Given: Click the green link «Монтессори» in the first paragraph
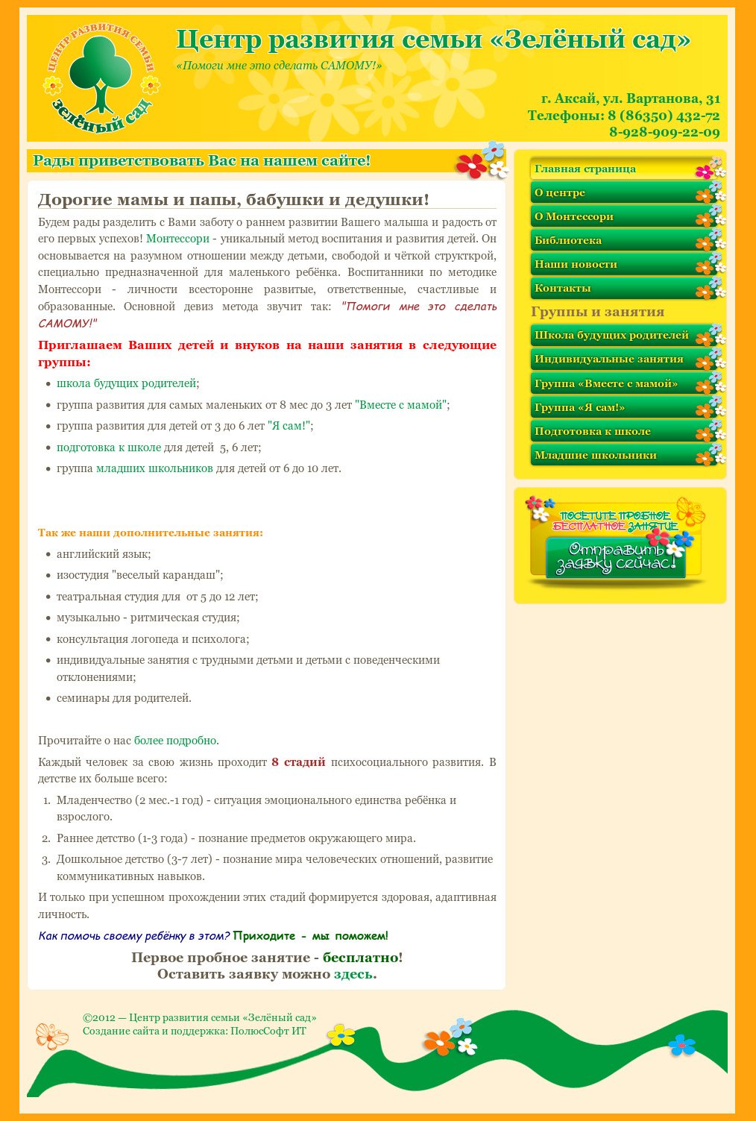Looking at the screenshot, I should pos(177,239).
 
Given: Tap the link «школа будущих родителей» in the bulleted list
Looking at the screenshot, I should pos(127,383).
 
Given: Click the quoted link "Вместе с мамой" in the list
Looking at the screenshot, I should pos(401,405).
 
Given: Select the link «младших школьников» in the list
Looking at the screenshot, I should pos(154,469).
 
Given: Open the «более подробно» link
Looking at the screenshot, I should pos(176,741).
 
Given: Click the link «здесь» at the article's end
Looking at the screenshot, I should pos(354,975).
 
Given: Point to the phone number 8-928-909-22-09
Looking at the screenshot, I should pos(664,133).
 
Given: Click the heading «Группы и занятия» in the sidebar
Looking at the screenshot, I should pos(597,313).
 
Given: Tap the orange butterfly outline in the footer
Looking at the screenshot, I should pos(51,1035).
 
